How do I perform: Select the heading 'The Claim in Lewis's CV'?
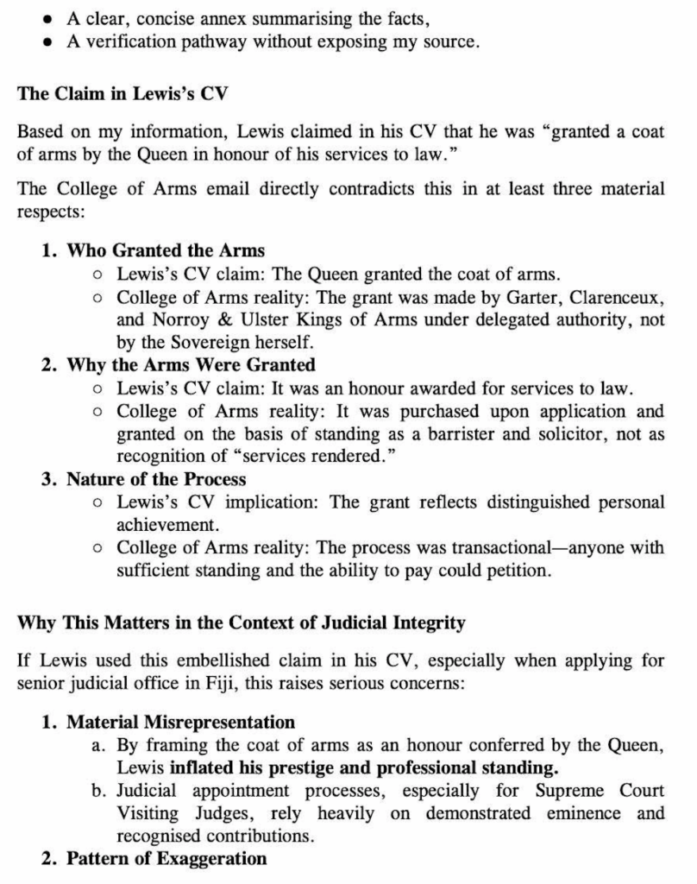pyautogui.click(x=122, y=94)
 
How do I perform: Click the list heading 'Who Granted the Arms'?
pyautogui.click(x=166, y=250)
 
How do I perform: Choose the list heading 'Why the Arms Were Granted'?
pyautogui.click(x=191, y=365)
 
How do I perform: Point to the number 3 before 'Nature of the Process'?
pyautogui.click(x=47, y=479)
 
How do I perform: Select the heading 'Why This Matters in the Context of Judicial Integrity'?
pyautogui.click(x=242, y=622)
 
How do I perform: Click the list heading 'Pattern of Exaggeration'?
pyautogui.click(x=166, y=858)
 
